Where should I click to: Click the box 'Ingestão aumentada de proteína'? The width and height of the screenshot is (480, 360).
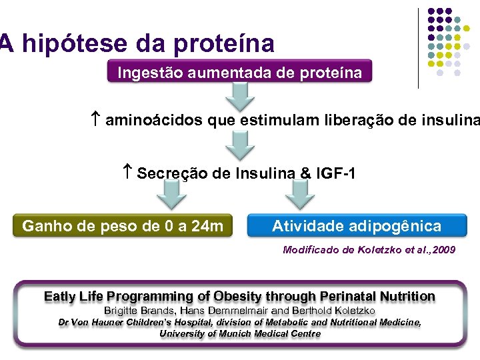click(240, 73)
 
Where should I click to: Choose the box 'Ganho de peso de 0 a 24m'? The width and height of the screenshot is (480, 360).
click(123, 226)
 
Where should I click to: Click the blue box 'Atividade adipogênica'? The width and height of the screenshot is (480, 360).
click(357, 226)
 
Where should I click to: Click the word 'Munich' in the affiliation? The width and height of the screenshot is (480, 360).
click(228, 333)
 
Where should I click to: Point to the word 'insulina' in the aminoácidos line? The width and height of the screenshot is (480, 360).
click(453, 121)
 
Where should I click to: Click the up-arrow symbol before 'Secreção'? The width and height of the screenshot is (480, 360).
click(129, 173)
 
